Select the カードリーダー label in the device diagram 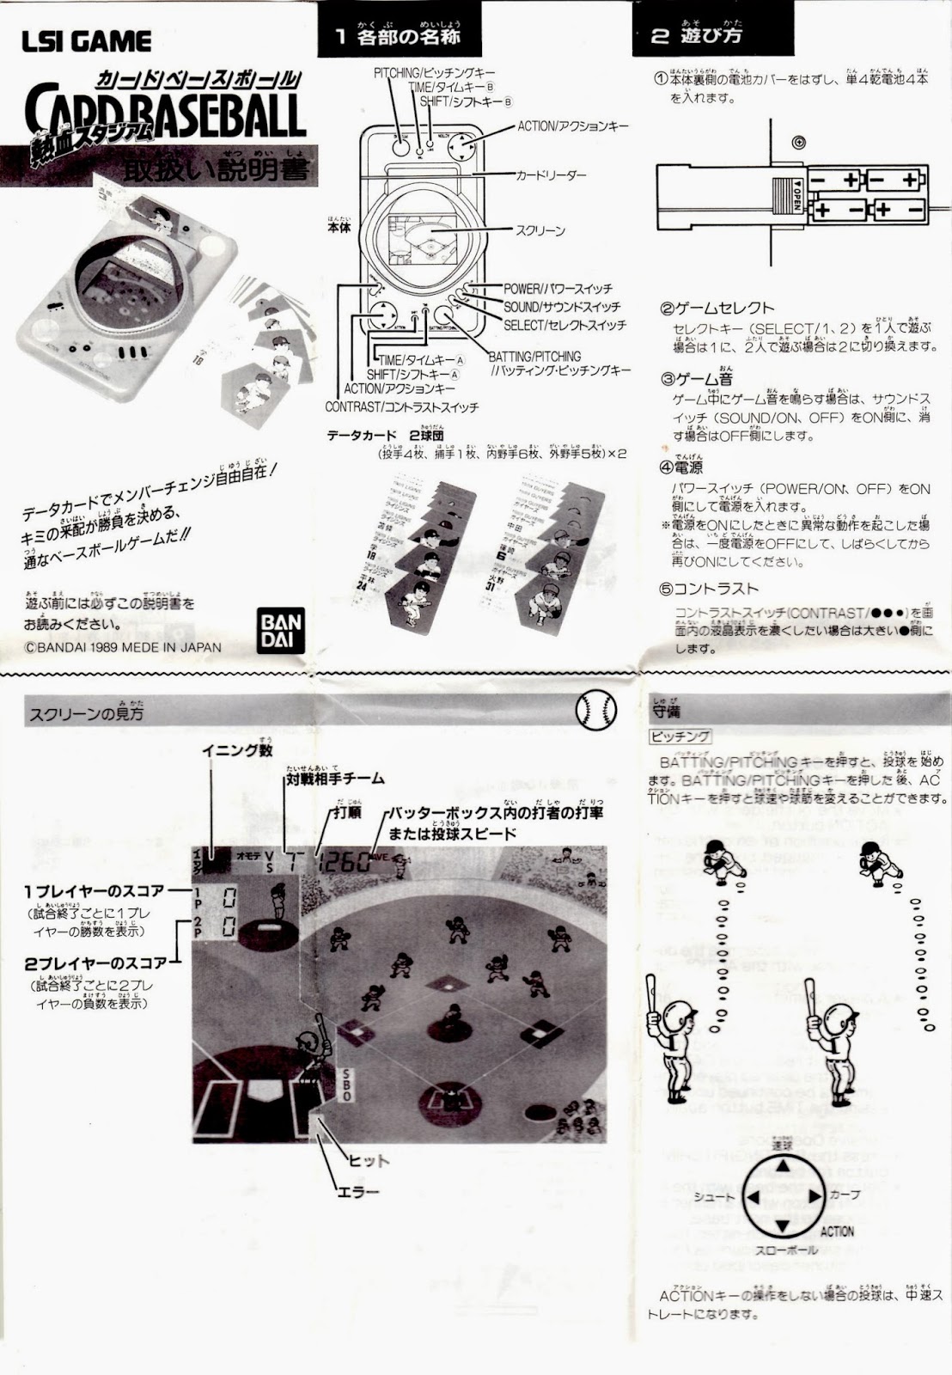tap(551, 175)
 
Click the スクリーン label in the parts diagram tap(540, 230)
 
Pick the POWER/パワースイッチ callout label tap(558, 289)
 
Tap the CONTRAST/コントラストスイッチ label tap(401, 406)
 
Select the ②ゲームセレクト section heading tap(717, 308)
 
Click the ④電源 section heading tap(681, 467)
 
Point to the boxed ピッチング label tap(680, 736)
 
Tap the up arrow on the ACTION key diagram tap(783, 1165)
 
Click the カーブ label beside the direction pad tap(845, 1195)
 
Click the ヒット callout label tap(368, 1160)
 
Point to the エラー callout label tap(358, 1192)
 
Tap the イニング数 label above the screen tap(237, 749)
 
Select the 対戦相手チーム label tap(334, 779)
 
